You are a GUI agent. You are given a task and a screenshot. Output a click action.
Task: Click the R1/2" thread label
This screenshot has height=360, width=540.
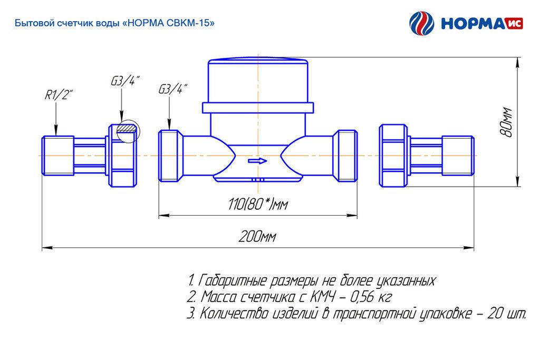click(58, 95)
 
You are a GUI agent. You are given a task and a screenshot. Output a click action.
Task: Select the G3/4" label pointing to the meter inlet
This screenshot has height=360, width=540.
click(172, 89)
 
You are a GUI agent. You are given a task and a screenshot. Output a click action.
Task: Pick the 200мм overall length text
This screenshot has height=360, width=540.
click(257, 237)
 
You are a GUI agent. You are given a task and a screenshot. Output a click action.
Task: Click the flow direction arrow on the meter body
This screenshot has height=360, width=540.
click(257, 161)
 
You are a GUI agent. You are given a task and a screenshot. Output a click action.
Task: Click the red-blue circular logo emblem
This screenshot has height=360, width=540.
click(421, 24)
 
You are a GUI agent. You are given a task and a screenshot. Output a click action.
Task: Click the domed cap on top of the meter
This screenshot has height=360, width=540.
click(258, 82)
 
